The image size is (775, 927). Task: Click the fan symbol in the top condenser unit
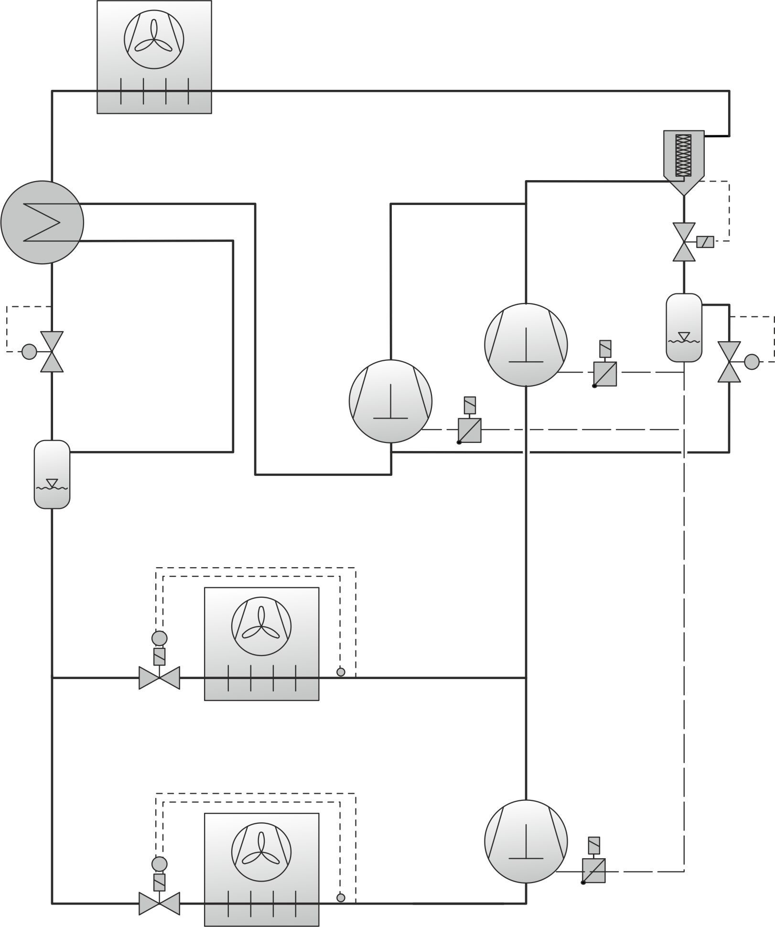(154, 38)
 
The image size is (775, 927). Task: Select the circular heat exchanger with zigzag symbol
(42, 222)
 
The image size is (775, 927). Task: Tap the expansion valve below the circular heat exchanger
(52, 352)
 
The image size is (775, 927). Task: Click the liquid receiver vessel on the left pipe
(52, 474)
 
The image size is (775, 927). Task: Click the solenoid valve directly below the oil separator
(684, 242)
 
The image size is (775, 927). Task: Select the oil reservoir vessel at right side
(684, 327)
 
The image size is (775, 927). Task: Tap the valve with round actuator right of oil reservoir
(729, 362)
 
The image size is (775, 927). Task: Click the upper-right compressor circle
(526, 345)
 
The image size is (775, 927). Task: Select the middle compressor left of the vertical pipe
(390, 401)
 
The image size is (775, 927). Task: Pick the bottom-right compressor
(526, 841)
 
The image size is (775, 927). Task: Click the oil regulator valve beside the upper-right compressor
(605, 374)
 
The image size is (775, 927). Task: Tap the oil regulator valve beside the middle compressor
(470, 430)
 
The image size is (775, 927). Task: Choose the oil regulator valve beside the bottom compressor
(594, 871)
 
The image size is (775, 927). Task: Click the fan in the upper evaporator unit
(261, 625)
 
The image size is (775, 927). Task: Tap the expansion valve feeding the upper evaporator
(159, 678)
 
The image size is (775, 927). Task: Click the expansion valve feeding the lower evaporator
(159, 903)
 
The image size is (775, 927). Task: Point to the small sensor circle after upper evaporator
(341, 672)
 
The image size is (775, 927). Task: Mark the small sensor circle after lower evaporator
(341, 898)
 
